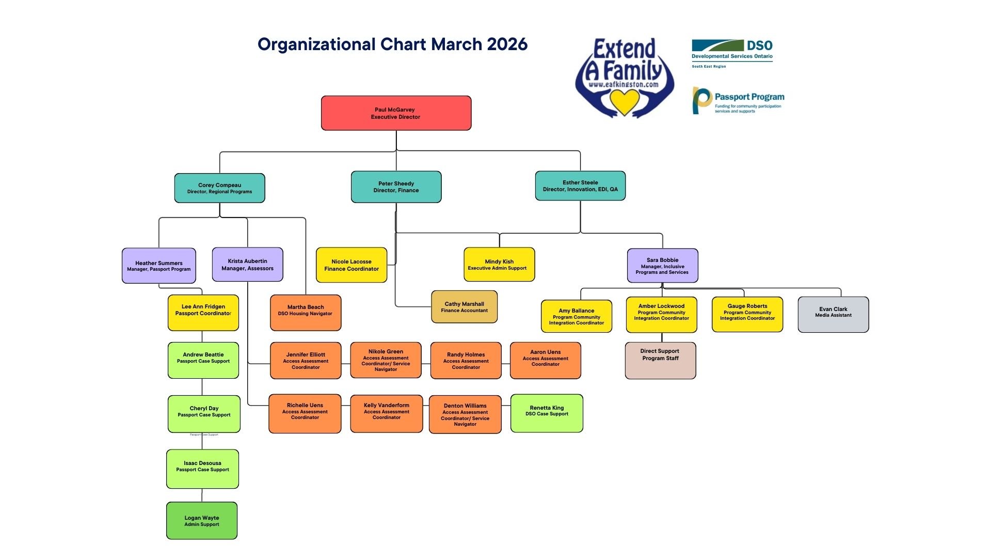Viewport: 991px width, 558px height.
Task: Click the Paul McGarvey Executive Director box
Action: click(x=396, y=113)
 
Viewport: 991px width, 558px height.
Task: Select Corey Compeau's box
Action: click(x=219, y=188)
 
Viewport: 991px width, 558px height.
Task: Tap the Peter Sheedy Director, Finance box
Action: click(x=396, y=187)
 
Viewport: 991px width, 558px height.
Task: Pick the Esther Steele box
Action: click(x=580, y=186)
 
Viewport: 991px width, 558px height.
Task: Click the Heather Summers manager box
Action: click(x=158, y=266)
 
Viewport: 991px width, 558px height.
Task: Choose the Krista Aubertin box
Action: click(x=247, y=265)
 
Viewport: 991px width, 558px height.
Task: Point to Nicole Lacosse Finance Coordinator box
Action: click(x=351, y=265)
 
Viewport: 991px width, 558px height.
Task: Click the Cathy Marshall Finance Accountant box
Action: click(x=464, y=307)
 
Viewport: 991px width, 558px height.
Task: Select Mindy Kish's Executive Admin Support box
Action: click(x=499, y=265)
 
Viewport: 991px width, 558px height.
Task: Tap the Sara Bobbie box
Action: click(x=662, y=266)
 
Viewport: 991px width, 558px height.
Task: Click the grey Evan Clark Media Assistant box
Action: click(x=833, y=314)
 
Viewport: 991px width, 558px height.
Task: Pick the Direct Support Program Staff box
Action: click(x=660, y=361)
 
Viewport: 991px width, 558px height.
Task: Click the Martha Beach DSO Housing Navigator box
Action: click(x=305, y=313)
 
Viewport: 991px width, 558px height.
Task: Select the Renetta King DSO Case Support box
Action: click(x=547, y=413)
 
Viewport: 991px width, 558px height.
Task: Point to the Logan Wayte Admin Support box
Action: click(x=202, y=521)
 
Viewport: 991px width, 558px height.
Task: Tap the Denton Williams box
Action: click(x=465, y=414)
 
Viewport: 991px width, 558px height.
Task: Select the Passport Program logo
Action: click(x=738, y=101)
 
